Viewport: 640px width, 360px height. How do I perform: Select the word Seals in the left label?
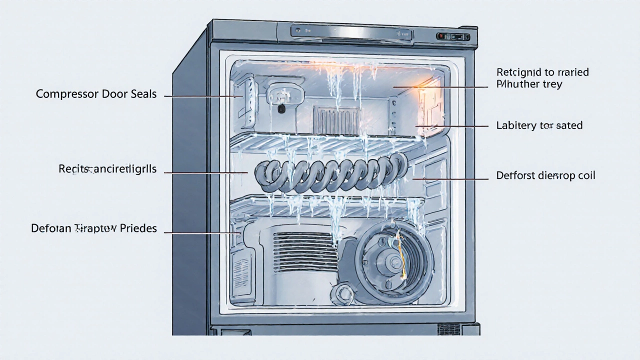pos(142,94)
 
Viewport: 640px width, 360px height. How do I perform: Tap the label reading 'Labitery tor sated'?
pos(539,125)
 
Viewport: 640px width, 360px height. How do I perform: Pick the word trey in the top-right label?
pos(551,84)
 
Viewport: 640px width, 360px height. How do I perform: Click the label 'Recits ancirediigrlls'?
pos(107,169)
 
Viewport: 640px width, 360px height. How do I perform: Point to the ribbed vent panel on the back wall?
pos(336,120)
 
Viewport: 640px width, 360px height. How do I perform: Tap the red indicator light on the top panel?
pos(441,36)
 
